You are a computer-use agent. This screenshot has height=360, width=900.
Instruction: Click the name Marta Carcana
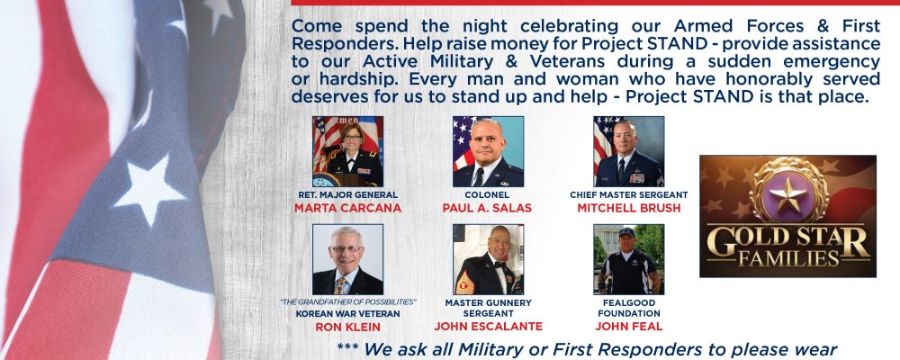point(347,208)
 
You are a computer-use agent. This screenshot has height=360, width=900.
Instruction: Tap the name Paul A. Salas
point(487,208)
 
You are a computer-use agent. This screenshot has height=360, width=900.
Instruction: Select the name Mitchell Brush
point(629,208)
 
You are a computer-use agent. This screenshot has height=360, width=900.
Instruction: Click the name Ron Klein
point(347,328)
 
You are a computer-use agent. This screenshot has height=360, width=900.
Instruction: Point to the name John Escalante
point(488,327)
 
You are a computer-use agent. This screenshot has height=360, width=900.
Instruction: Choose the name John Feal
point(629,327)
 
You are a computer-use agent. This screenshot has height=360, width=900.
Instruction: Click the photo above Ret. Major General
point(347,151)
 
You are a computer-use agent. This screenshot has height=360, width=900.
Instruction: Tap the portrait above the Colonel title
point(488,151)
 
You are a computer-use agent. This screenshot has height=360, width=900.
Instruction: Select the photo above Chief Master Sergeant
point(629,151)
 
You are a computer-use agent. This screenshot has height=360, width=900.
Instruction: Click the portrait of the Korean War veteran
point(347,259)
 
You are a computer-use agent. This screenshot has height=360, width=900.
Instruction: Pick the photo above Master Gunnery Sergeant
point(488,259)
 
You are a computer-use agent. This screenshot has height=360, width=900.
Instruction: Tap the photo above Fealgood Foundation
point(629,259)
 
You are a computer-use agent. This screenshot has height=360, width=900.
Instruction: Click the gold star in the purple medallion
point(788,194)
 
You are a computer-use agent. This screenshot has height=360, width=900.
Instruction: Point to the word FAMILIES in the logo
point(788,258)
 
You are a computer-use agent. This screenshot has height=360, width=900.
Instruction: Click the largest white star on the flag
point(149,189)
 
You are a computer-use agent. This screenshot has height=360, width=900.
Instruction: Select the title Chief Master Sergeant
point(629,195)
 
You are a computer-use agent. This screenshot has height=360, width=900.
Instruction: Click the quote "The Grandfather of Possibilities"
point(347,302)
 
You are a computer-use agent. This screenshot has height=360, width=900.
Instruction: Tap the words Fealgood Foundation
point(629,309)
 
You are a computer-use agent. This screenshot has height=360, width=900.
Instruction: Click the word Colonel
point(487,195)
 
